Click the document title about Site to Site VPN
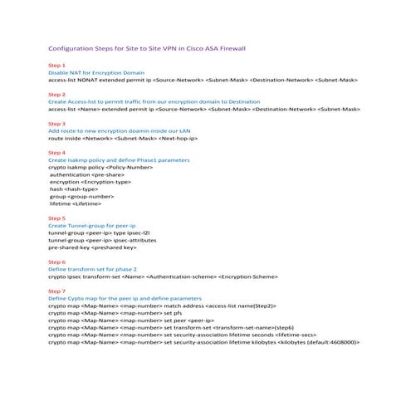146,48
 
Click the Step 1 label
57,65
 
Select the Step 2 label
57,95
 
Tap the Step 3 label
57,124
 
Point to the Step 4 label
57,153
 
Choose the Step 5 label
57,218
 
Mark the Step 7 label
57,291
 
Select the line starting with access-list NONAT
203,80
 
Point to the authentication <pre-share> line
86,175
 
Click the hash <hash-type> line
74,188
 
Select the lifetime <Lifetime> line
76,203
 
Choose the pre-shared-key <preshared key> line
92,247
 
